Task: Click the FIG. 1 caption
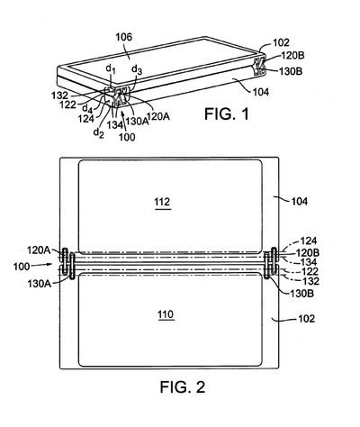[x=227, y=114]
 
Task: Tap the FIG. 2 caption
[x=183, y=387]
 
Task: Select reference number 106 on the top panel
[x=124, y=37]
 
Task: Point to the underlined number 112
[x=162, y=203]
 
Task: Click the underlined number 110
[x=166, y=315]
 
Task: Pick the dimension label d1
[x=111, y=69]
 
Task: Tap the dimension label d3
[x=137, y=69]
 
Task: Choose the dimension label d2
[x=99, y=132]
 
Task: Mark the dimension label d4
[x=87, y=107]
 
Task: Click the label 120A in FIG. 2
[x=39, y=250]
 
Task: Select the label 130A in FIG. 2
[x=40, y=284]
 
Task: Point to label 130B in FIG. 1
[x=291, y=71]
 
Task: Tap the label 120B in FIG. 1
[x=292, y=56]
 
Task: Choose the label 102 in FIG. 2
[x=306, y=319]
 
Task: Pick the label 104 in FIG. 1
[x=260, y=92]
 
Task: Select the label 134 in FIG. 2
[x=308, y=262]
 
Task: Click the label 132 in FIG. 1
[x=59, y=95]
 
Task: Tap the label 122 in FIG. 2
[x=310, y=271]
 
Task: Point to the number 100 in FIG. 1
[x=127, y=137]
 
